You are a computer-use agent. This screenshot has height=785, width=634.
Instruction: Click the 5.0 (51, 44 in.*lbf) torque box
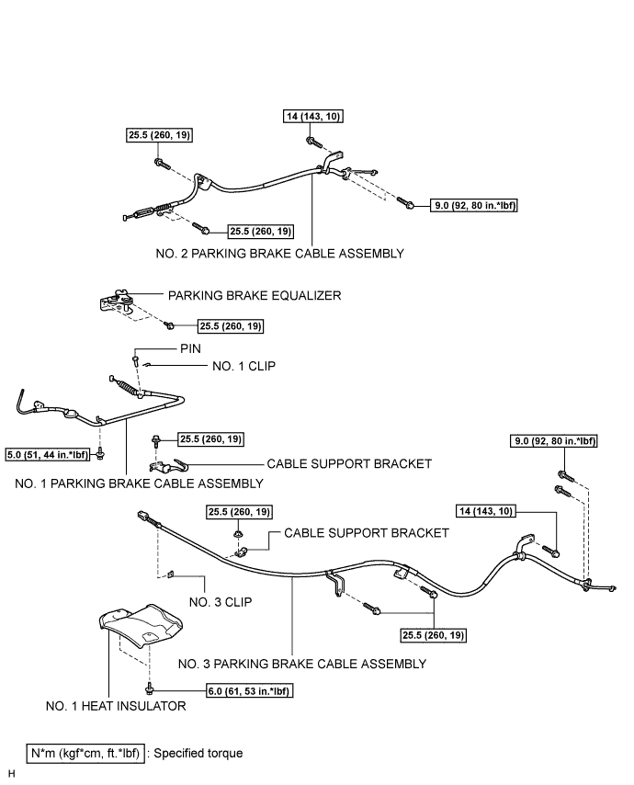pyautogui.click(x=48, y=455)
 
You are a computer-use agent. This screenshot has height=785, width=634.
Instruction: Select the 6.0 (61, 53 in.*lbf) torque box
pyautogui.click(x=249, y=691)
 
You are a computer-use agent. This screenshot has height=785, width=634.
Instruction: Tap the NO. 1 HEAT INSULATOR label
pyautogui.click(x=116, y=706)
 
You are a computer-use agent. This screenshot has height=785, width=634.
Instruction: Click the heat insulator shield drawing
pyautogui.click(x=141, y=623)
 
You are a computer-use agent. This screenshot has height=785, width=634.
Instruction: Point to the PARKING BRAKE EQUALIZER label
pyautogui.click(x=255, y=295)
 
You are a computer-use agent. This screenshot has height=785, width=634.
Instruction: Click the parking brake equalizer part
pyautogui.click(x=116, y=301)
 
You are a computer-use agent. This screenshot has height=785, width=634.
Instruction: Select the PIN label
pyautogui.click(x=190, y=348)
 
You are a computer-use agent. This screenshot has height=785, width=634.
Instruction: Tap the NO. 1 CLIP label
pyautogui.click(x=243, y=366)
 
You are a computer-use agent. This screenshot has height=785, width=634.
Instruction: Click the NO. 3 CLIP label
pyautogui.click(x=221, y=602)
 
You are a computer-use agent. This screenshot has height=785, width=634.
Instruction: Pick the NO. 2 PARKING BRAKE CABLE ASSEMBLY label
pyautogui.click(x=279, y=254)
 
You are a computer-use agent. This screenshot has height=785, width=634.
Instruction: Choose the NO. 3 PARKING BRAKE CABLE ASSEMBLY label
pyautogui.click(x=302, y=664)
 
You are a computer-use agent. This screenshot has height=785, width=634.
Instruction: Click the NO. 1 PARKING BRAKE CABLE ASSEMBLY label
pyautogui.click(x=139, y=484)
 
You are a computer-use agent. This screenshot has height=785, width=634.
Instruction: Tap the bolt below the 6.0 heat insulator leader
pyautogui.click(x=149, y=690)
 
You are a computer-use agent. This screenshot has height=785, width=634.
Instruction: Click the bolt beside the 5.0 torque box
pyautogui.click(x=100, y=454)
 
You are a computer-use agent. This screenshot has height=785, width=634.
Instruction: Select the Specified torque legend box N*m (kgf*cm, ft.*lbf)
pyautogui.click(x=85, y=754)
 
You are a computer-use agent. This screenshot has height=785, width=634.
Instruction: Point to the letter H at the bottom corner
pyautogui.click(x=12, y=774)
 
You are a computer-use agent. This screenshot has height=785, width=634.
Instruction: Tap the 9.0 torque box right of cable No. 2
pyautogui.click(x=473, y=205)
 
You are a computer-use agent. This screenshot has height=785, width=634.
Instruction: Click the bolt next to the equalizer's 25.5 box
pyautogui.click(x=170, y=325)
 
